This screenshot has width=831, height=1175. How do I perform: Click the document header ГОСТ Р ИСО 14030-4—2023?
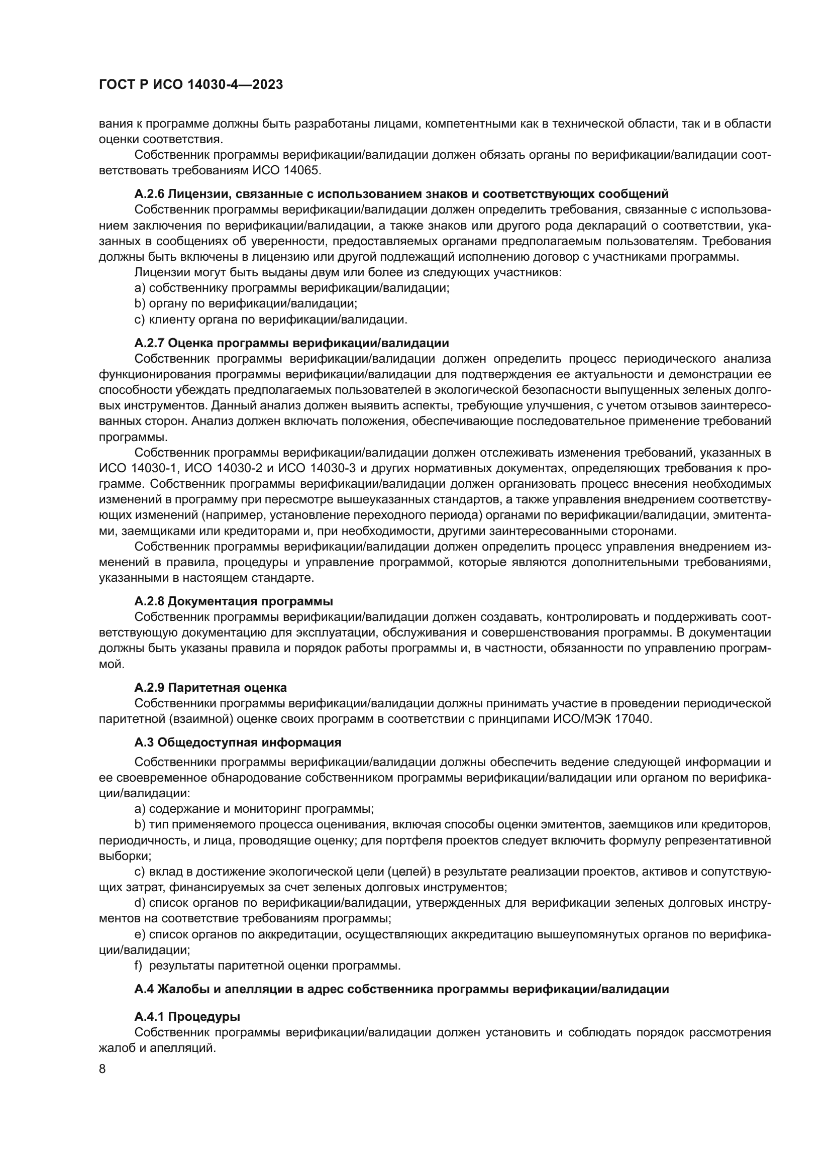click(x=191, y=85)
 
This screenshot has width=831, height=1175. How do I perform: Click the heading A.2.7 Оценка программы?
click(x=291, y=343)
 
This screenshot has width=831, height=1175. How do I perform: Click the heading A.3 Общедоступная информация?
click(x=238, y=742)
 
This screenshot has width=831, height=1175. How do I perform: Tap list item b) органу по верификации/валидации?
click(x=246, y=303)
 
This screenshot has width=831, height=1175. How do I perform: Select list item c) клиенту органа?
click(x=271, y=320)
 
